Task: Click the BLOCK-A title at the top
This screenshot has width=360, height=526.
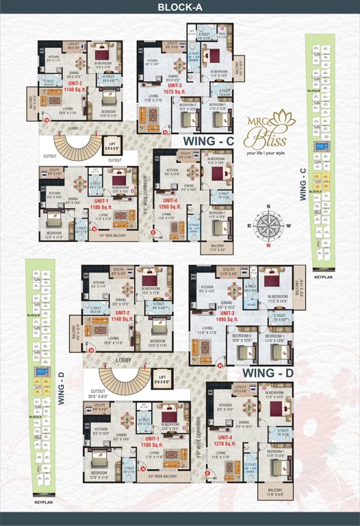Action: [x=179, y=8]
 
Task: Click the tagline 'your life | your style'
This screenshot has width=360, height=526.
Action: [x=275, y=153]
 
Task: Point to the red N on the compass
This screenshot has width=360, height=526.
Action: [x=268, y=245]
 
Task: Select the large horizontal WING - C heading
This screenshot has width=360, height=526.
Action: [x=207, y=140]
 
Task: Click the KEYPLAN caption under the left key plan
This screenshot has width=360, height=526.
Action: [x=43, y=502]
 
